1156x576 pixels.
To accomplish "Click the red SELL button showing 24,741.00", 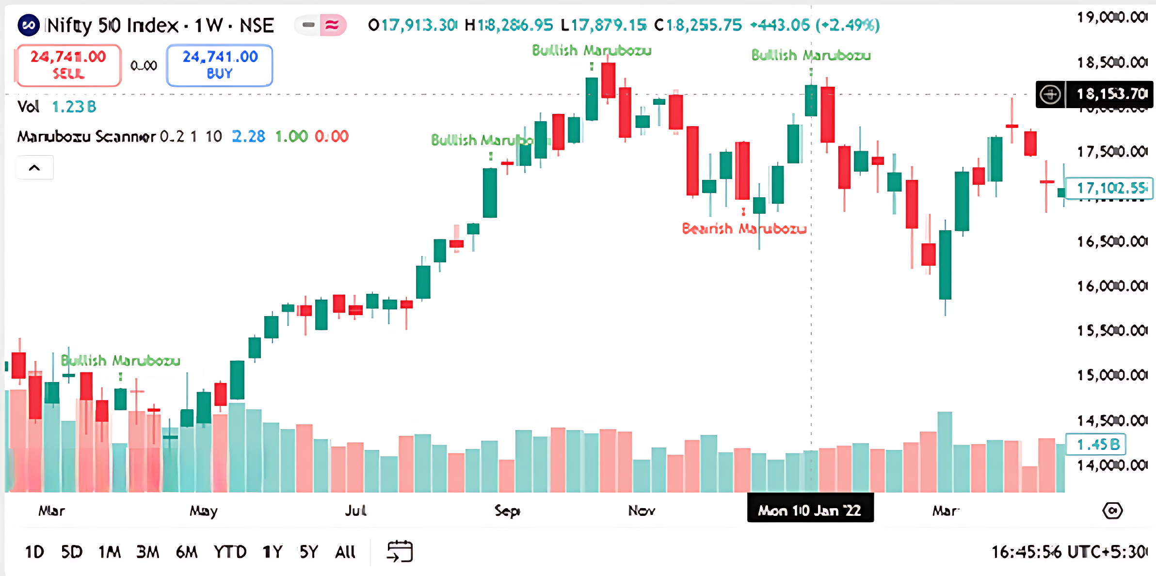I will pos(68,65).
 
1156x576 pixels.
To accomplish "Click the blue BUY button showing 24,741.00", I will pos(220,65).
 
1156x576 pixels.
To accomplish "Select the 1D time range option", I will pos(34,552).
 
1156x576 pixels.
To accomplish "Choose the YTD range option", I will pos(230,552).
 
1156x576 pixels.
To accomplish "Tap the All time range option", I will pos(345,552).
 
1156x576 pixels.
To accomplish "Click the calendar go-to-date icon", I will pos(400,552).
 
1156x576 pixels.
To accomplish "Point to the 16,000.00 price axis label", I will pos(1111,286).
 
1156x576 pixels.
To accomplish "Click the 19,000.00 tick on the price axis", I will pos(1111,17).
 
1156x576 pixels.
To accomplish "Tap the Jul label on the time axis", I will pos(355,511).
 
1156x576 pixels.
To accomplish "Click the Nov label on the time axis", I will pos(642,511).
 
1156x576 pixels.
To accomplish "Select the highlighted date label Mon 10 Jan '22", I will pos(810,510).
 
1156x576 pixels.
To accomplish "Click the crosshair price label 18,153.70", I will pos(1110,94).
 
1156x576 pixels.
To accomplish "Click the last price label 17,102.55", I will pos(1110,188).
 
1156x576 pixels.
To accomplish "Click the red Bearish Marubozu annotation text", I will pos(744,228).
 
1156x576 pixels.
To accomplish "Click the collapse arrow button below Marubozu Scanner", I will pos(34,168).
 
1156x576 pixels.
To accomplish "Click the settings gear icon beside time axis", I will pos(1112,511).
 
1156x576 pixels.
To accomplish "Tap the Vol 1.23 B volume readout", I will pos(57,107).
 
